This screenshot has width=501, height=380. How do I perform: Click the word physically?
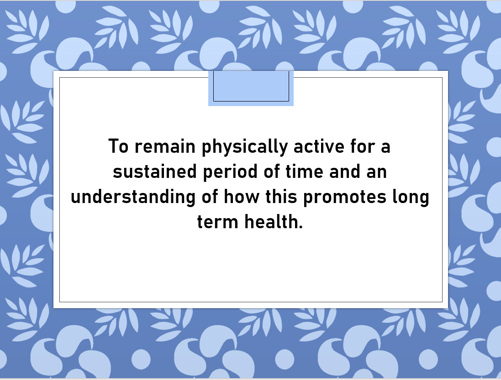pos(245,147)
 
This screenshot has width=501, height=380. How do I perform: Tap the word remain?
pos(165,146)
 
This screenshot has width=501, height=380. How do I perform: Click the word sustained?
pos(155,171)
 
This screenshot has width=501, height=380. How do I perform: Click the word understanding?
pos(133,198)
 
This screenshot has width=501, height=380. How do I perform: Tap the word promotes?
pos(344,198)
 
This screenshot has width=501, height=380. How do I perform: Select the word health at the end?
pos(271,222)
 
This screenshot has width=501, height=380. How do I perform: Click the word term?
pos(217,222)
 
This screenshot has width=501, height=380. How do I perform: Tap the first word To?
pos(118,146)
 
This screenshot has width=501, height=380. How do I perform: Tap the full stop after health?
pos(301,227)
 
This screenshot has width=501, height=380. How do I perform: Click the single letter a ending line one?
pos(385,148)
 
